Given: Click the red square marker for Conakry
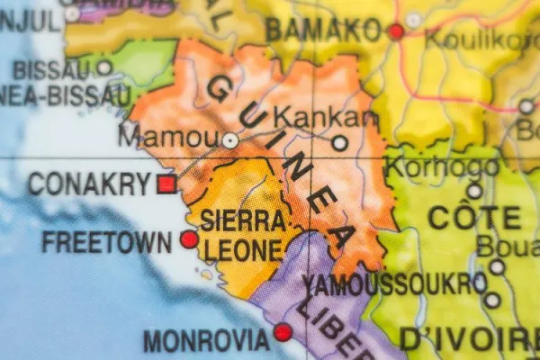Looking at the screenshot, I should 166,184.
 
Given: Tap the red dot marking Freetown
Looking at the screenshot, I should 189,239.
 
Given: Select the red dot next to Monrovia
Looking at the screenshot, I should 283,333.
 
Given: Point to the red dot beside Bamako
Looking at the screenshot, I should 395,31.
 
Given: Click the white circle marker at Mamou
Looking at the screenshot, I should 230,140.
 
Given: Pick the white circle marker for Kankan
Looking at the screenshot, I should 339,142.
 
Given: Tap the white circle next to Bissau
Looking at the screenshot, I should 104,67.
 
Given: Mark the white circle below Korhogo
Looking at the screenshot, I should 474,191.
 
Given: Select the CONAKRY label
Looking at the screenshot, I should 89,184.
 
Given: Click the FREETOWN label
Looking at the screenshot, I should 106,241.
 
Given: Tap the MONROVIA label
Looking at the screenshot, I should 206,340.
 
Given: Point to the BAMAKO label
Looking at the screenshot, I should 324,30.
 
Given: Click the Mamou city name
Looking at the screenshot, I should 168,138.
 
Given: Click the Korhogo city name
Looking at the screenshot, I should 441,166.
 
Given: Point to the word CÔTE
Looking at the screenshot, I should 473,217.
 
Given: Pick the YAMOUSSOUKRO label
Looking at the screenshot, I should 393,283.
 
